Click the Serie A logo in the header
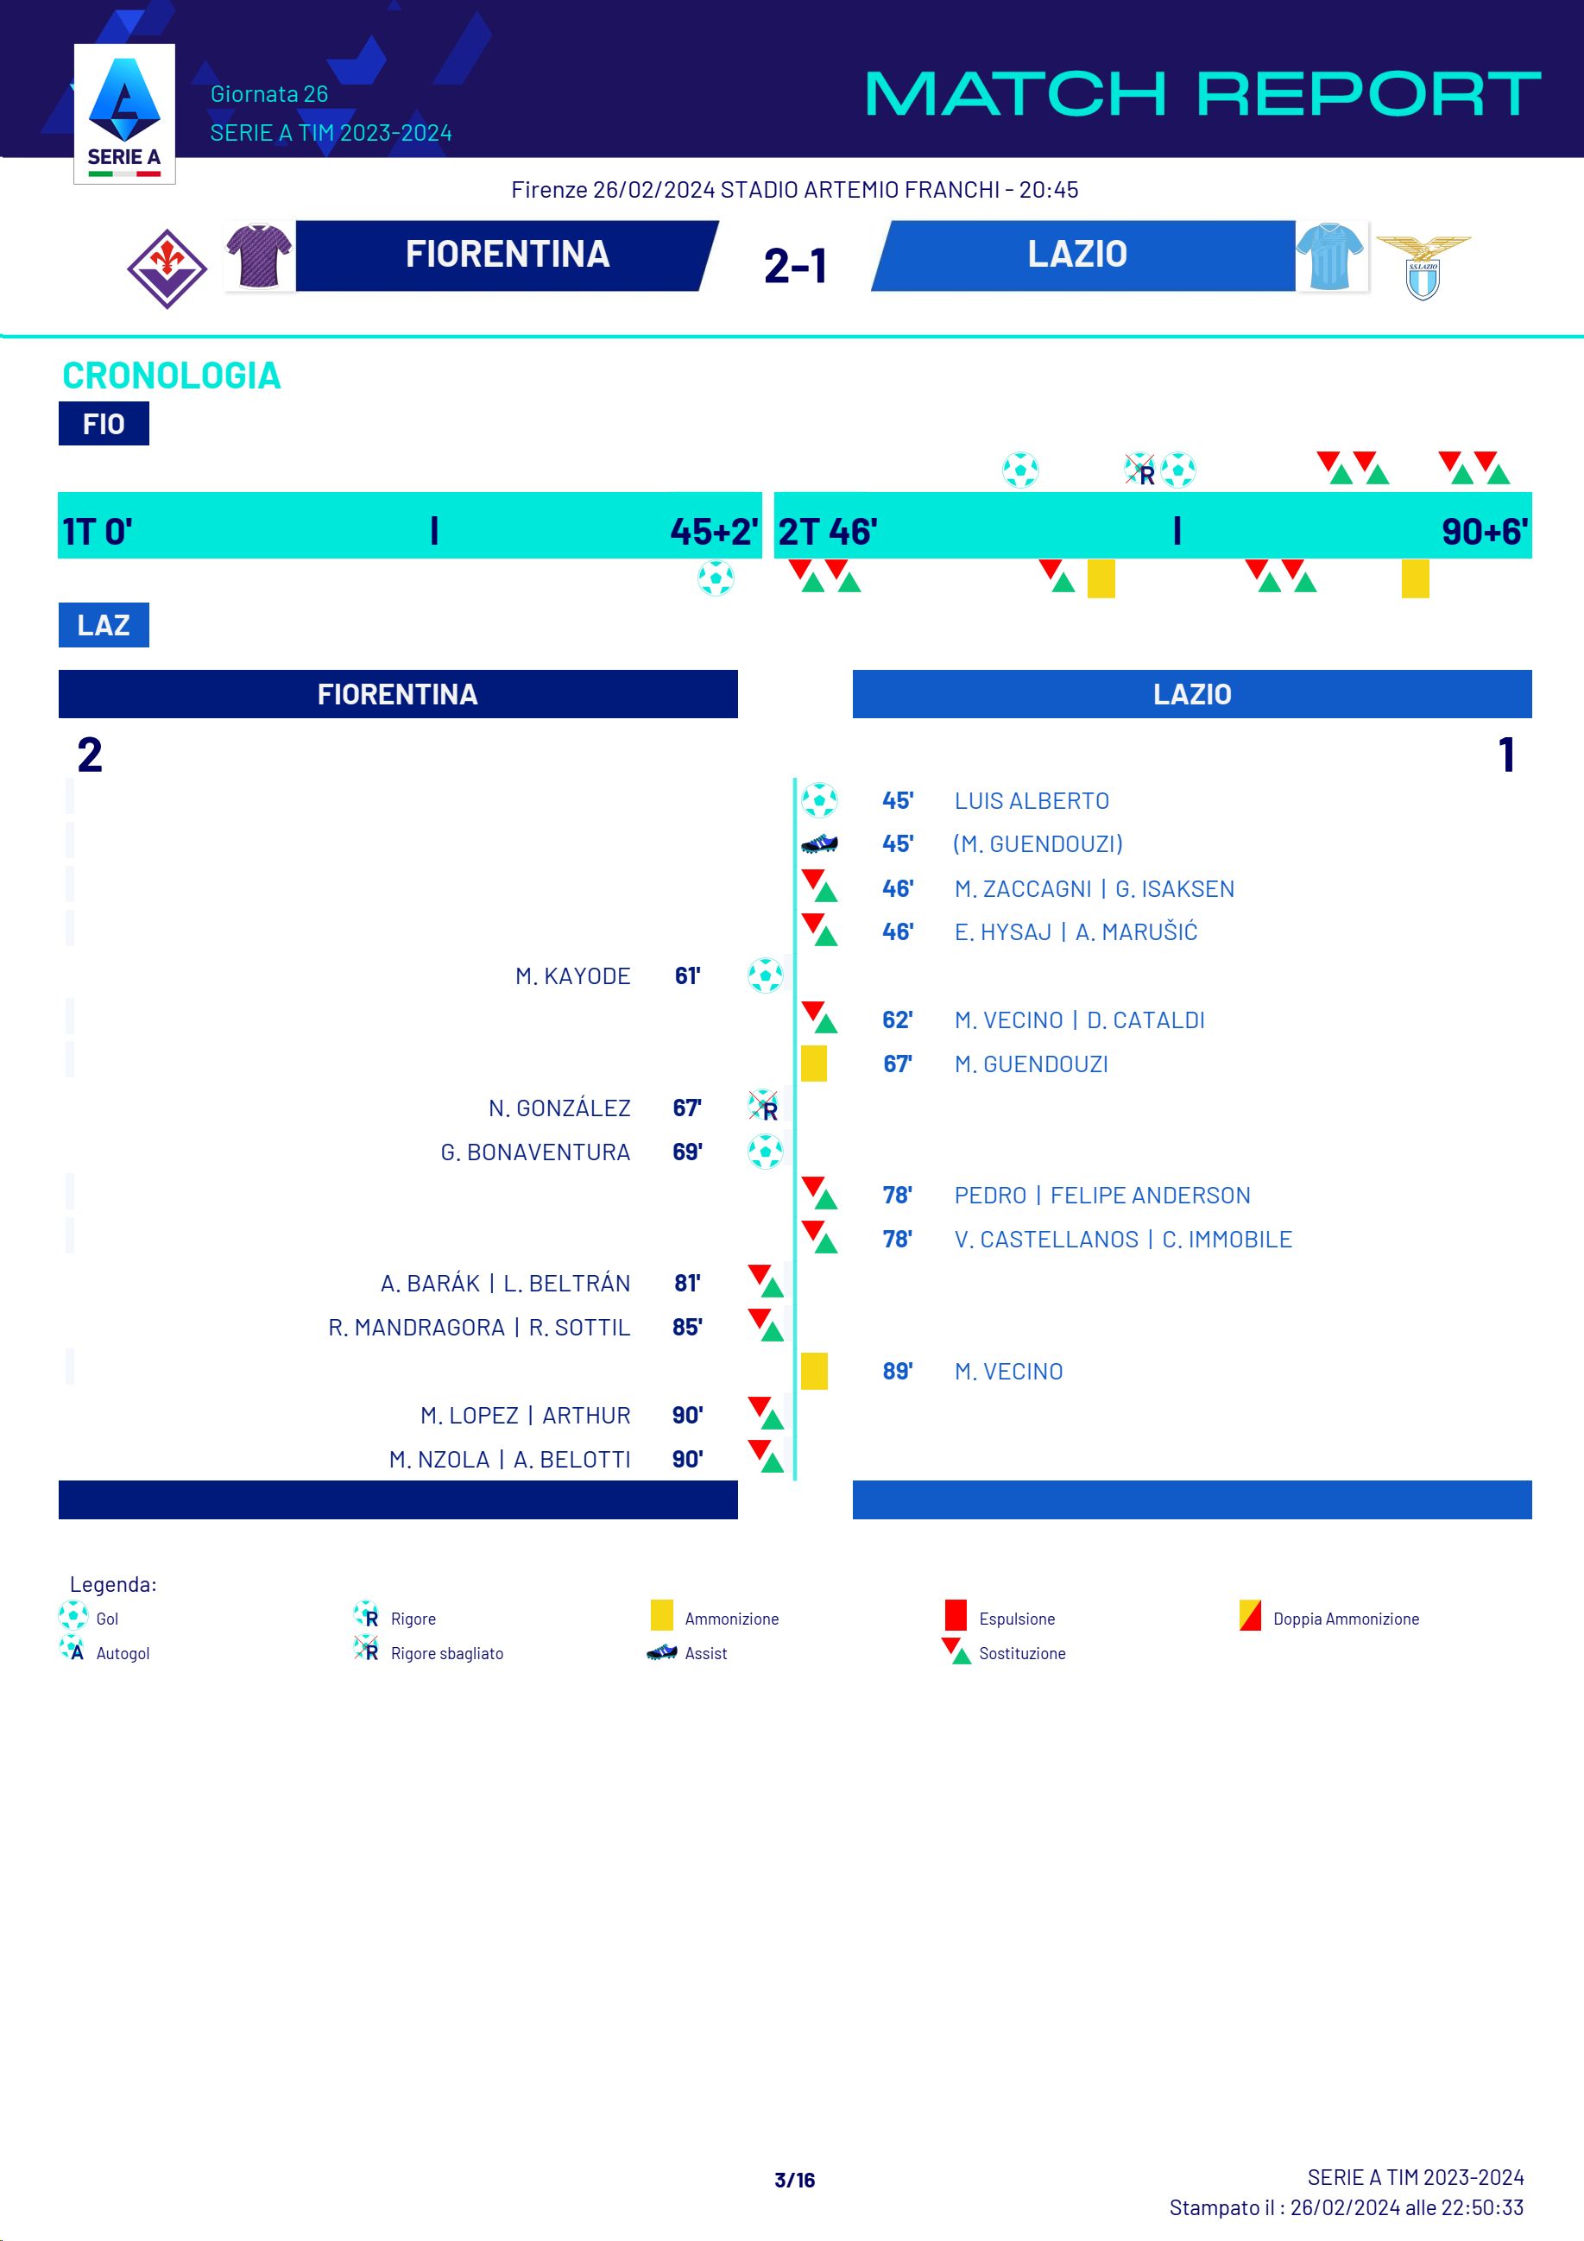[124, 113]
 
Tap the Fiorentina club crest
[167, 268]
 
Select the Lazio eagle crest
[1423, 266]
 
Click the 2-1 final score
[795, 266]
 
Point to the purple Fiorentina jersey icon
[259, 256]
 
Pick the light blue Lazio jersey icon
[1330, 256]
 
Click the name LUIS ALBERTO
[1031, 801]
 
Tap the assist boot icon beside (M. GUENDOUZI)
[819, 843]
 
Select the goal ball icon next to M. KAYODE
[765, 975]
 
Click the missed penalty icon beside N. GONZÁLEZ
[763, 1107]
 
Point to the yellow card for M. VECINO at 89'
[814, 1372]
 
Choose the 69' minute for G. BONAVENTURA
[687, 1152]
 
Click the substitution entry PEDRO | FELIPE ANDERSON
[1101, 1196]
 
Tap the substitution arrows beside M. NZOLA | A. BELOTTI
[767, 1456]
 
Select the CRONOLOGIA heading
[172, 376]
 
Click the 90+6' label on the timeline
[1484, 532]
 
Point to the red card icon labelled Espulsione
[956, 1615]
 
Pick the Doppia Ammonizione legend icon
[1250, 1615]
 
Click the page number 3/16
[794, 2180]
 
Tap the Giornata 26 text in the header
[269, 95]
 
